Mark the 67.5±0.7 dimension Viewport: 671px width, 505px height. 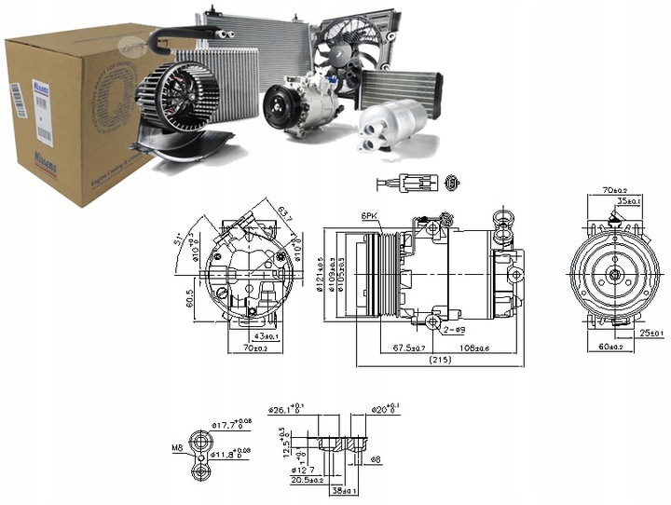pyautogui.click(x=406, y=348)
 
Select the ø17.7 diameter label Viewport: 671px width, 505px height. pyautogui.click(x=231, y=426)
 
